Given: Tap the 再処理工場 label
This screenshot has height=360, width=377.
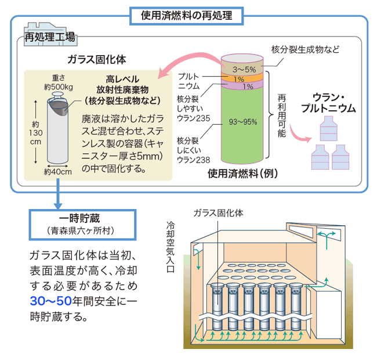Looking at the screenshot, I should pyautogui.click(x=50, y=39).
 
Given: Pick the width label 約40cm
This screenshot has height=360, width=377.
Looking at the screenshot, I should pyautogui.click(x=57, y=172).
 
